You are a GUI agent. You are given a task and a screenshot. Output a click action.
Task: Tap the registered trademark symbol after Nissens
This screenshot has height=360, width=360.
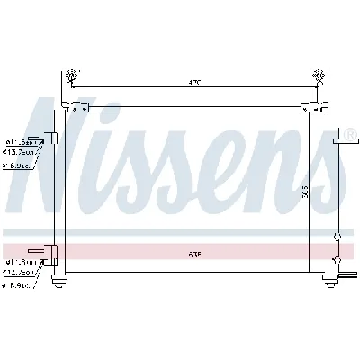pos(350,136)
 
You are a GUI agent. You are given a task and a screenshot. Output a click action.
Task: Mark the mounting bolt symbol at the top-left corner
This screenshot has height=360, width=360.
pos(73,76)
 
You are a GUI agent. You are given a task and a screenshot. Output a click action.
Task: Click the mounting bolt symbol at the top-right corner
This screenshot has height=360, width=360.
pos(317,76)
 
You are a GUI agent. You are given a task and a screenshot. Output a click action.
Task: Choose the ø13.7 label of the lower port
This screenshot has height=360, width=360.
pos(20,274)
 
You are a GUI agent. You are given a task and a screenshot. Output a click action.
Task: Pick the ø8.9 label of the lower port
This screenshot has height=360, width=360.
pos(19,285)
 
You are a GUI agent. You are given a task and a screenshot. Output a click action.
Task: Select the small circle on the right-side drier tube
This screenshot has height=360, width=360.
pos(337,238)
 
